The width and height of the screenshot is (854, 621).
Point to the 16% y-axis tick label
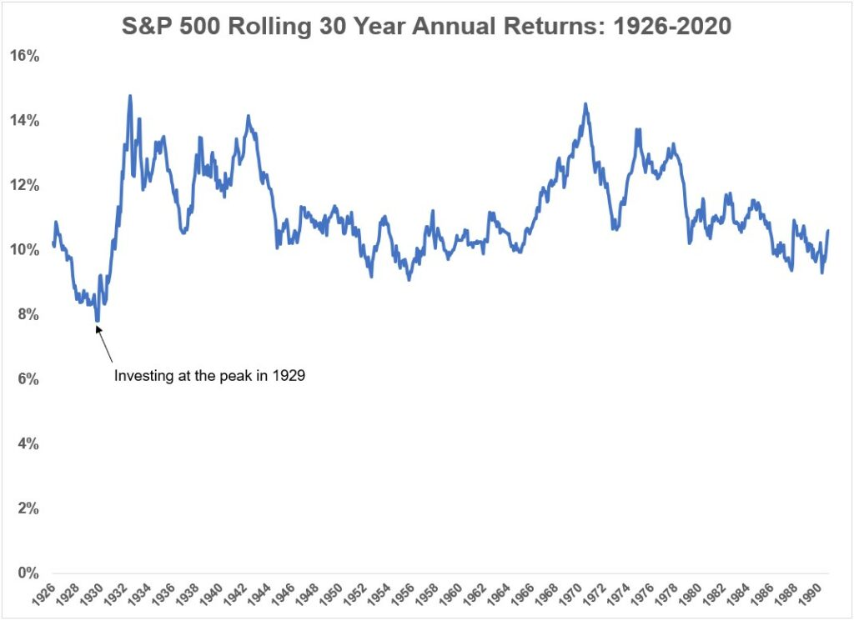pyautogui.click(x=23, y=56)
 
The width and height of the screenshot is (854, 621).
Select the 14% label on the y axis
pyautogui.click(x=23, y=121)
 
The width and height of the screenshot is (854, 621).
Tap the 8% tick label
pyautogui.click(x=27, y=314)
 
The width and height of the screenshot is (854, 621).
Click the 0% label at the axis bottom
pyautogui.click(x=27, y=573)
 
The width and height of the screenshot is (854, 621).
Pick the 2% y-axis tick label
pyautogui.click(x=27, y=508)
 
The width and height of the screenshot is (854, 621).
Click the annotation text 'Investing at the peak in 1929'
pyautogui.click(x=209, y=376)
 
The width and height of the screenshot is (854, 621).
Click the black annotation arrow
pyautogui.click(x=105, y=345)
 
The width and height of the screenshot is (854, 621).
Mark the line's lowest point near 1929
pyautogui.click(x=98, y=320)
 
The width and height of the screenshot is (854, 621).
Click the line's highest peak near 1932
pyautogui.click(x=130, y=96)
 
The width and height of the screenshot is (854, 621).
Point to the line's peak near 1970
pyautogui.click(x=585, y=104)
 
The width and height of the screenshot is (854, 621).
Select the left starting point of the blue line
pyautogui.click(x=53, y=243)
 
